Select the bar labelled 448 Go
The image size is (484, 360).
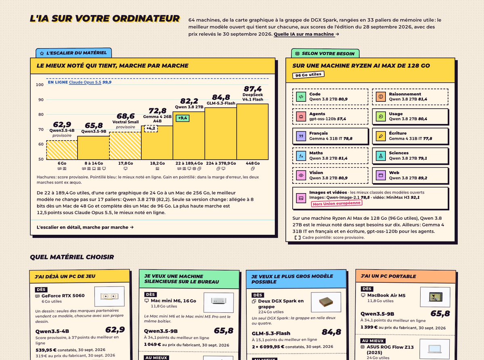(x=252, y=132)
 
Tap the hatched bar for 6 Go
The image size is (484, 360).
(x=62, y=150)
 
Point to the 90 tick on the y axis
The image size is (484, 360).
(x=41, y=99)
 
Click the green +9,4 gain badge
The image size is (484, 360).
(x=182, y=118)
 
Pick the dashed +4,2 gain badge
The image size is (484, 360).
(x=151, y=128)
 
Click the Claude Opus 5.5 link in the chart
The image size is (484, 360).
(x=85, y=82)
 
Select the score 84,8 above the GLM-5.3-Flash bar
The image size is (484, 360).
(x=221, y=97)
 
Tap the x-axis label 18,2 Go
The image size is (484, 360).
(x=157, y=163)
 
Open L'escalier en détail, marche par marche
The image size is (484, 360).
(x=85, y=227)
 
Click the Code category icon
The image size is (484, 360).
(x=301, y=97)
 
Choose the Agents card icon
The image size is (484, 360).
(x=301, y=116)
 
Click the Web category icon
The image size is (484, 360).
(x=381, y=175)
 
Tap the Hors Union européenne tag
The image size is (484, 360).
(x=336, y=203)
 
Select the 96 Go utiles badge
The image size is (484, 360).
(x=308, y=75)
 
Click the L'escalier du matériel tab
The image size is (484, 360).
(x=74, y=53)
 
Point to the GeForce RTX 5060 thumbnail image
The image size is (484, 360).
(x=109, y=296)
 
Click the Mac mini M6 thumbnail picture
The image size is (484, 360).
(x=218, y=302)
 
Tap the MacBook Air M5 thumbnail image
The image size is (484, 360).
(x=436, y=297)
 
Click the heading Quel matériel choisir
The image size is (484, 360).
(x=72, y=257)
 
